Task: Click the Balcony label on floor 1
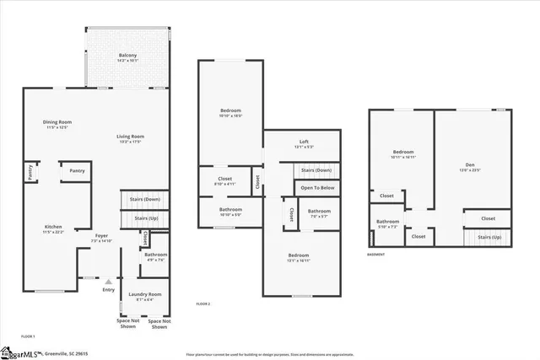click(x=128, y=56)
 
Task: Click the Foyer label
click(x=101, y=237)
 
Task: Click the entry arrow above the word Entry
click(x=108, y=282)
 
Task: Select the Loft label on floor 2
click(x=303, y=142)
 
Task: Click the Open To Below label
click(x=317, y=188)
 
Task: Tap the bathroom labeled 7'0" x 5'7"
click(x=319, y=213)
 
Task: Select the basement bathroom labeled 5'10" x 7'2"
click(x=387, y=224)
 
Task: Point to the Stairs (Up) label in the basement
click(x=490, y=238)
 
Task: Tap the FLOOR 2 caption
click(x=202, y=304)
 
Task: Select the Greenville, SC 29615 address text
click(x=67, y=354)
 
